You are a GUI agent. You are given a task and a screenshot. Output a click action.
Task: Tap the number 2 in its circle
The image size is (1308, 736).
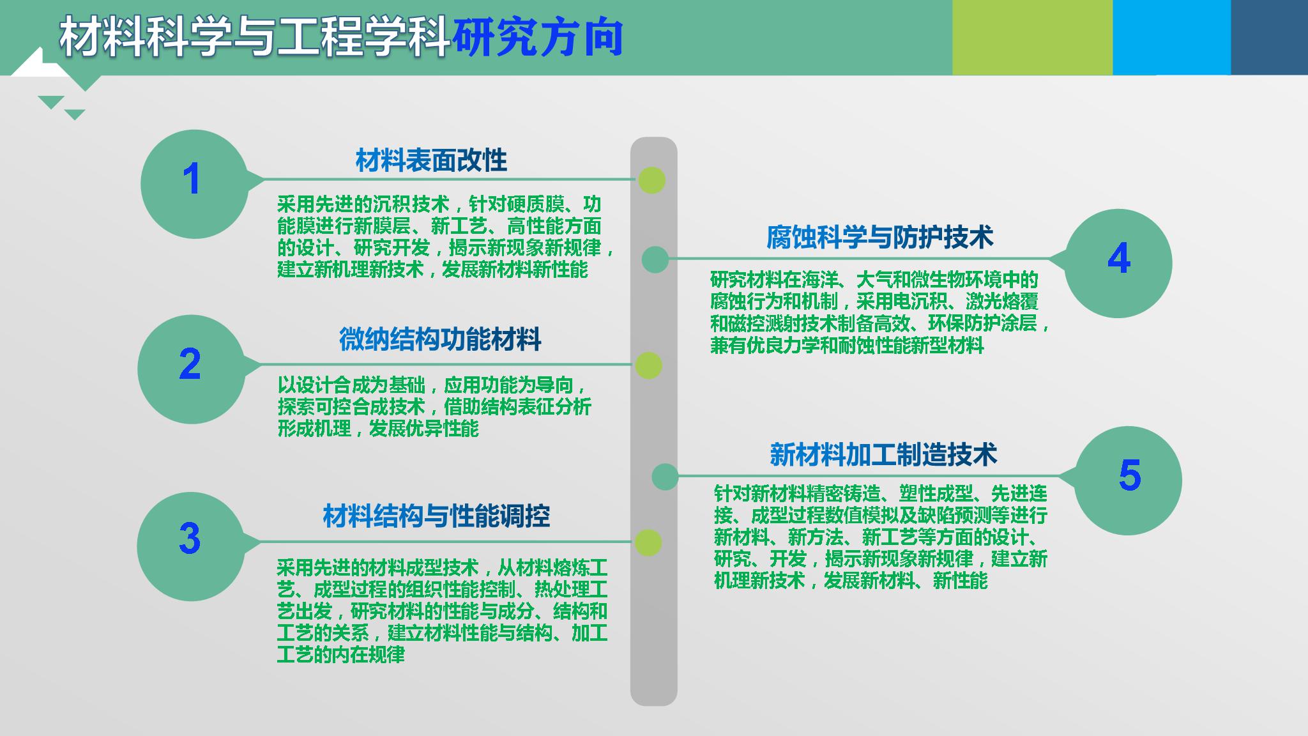[190, 364]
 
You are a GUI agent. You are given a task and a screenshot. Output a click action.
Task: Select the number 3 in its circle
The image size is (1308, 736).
[190, 538]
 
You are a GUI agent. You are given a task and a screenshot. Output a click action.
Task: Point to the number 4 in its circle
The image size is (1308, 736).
[1119, 258]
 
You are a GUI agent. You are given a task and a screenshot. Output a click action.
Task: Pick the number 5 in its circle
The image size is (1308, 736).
[1130, 475]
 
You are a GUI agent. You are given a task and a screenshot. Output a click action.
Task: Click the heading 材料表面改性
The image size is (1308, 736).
[431, 160]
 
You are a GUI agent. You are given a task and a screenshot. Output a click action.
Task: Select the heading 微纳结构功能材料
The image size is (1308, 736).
[440, 339]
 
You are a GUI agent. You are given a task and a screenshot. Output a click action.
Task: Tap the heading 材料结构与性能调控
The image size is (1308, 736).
[436, 516]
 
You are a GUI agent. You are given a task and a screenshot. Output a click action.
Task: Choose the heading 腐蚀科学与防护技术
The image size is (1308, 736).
[880, 237]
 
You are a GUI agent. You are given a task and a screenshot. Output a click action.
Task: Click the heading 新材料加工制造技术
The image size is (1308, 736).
[883, 454]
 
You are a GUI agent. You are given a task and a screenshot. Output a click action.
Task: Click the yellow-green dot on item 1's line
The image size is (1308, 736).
[652, 180]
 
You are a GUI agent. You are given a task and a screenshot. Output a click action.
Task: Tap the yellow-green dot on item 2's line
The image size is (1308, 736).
[648, 365]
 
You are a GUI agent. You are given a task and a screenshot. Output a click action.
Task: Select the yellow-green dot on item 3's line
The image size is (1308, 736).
[648, 542]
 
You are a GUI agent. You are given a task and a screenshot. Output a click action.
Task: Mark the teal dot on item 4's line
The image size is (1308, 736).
[655, 259]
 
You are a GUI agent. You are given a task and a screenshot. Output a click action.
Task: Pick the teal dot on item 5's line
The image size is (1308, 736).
[665, 477]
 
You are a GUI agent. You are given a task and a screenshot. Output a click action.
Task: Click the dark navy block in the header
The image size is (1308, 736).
[1269, 37]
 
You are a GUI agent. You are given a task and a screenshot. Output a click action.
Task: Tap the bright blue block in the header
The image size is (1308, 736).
[1171, 37]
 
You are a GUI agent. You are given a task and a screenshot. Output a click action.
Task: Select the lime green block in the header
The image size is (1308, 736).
[1032, 37]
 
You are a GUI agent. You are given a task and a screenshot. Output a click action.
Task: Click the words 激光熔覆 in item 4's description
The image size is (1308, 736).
[1002, 302]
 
